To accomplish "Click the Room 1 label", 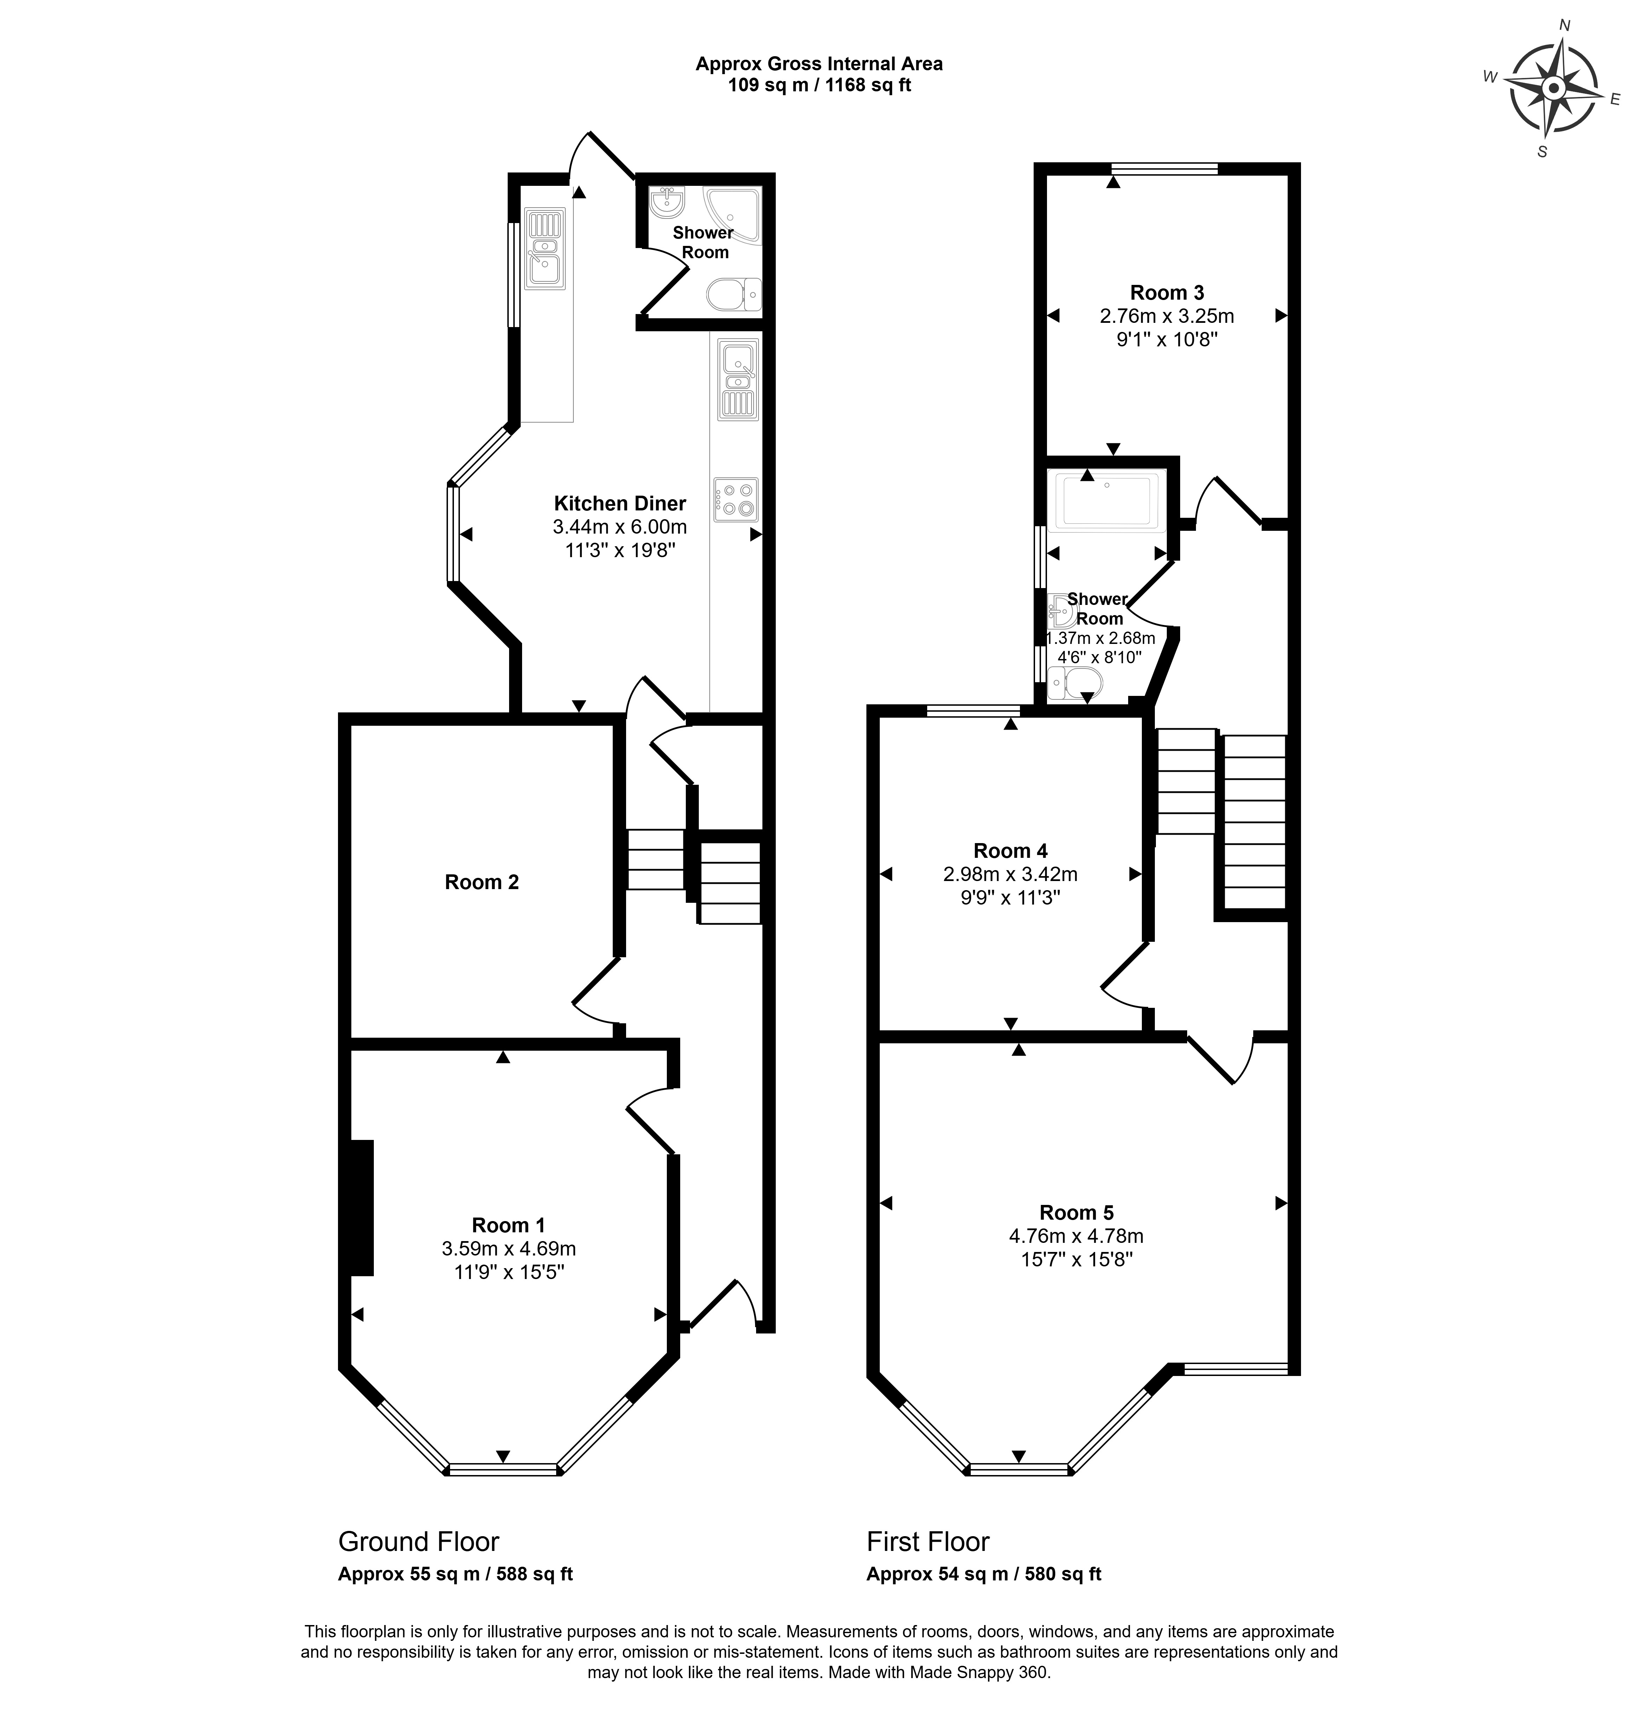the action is click(x=508, y=1225).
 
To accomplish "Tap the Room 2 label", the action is click(x=481, y=882).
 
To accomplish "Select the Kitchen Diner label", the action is click(x=620, y=503).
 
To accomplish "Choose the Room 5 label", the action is click(x=1077, y=1212).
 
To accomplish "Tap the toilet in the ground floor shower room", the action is click(x=734, y=295).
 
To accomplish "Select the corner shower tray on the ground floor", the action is click(x=733, y=214).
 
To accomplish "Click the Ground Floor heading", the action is click(x=419, y=1541).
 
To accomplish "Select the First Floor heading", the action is click(x=928, y=1541).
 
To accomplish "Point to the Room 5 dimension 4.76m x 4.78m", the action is click(x=1077, y=1235).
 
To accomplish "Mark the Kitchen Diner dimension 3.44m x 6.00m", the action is click(x=620, y=527).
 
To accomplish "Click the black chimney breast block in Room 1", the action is click(x=362, y=1208).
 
